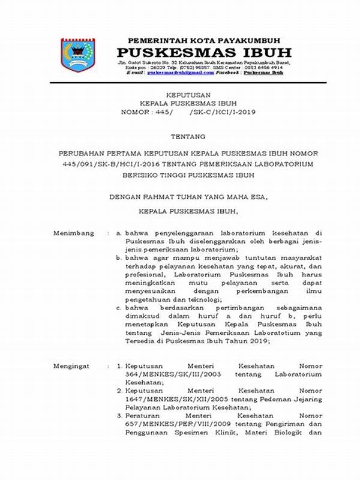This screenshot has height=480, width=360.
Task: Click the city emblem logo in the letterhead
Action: pos(78,55)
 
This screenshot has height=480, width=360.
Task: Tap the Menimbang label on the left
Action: pos(72,232)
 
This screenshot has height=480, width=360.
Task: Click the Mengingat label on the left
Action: pos(71,365)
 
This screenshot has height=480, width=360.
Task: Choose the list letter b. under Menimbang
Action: pos(119,257)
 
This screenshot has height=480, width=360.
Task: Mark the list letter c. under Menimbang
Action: pos(119,308)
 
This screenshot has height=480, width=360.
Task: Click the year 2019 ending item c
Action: pos(261,342)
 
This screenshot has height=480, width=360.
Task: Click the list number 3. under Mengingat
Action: pos(119,416)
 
